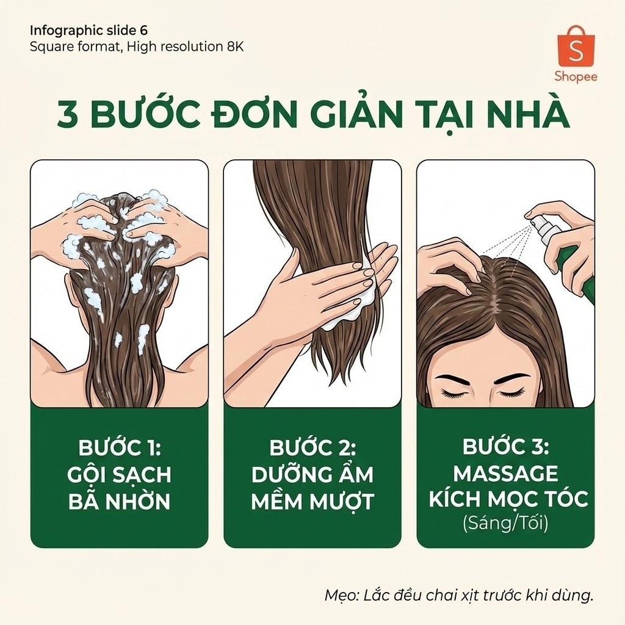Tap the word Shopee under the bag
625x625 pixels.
pos(576,76)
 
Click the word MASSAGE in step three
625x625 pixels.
pos(505,474)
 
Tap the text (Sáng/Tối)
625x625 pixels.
pos(505,523)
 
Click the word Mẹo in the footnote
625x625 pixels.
pos(338,596)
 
